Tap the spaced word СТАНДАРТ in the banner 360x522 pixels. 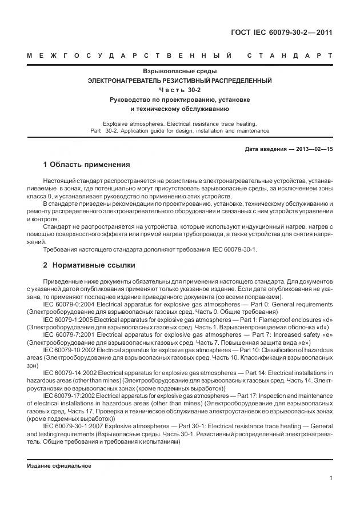click(x=290, y=55)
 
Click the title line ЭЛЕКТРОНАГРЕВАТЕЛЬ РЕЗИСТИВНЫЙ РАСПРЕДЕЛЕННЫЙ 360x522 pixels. click(x=179, y=81)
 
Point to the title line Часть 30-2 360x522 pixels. click(x=179, y=90)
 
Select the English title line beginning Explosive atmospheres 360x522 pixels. click(x=179, y=123)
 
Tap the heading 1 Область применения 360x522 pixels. click(x=86, y=165)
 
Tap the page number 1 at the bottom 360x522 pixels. click(x=331, y=479)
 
